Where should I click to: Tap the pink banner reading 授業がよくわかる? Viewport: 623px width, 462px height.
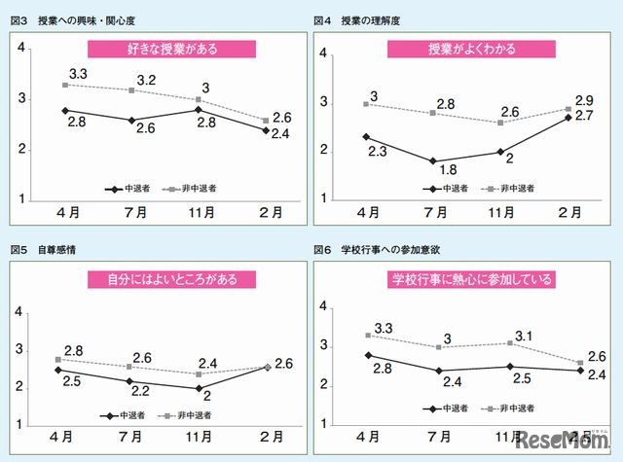(472, 49)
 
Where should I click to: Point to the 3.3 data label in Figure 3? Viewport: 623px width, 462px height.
(79, 73)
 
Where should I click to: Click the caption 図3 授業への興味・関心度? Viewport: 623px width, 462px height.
(77, 21)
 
